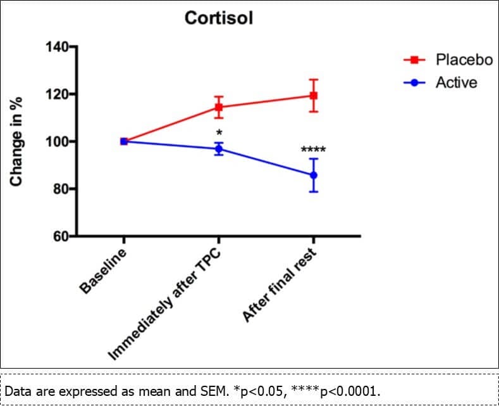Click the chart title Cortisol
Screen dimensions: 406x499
point(218,18)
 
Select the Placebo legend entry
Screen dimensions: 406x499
point(464,60)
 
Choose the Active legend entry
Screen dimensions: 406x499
point(456,82)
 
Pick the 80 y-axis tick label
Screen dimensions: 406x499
point(60,189)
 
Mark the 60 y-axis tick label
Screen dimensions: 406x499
point(60,237)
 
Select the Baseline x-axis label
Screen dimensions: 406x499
point(103,272)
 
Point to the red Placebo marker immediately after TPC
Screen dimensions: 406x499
point(219,107)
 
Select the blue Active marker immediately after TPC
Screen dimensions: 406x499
point(219,149)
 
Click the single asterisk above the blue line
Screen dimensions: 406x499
point(219,133)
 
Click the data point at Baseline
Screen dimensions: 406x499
point(124,141)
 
